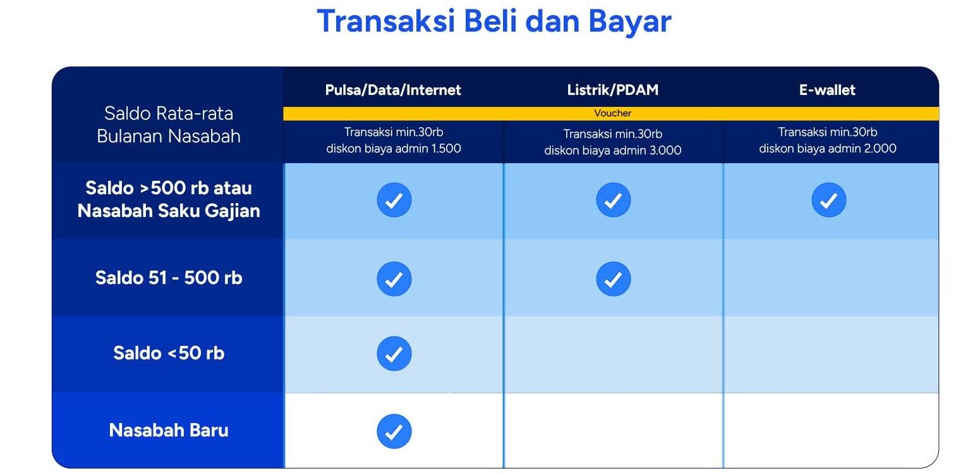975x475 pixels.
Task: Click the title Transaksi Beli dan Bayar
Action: click(494, 22)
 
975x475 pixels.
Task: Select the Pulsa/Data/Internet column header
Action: click(393, 90)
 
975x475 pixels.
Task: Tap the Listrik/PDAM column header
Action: click(612, 90)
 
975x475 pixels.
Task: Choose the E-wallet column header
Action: click(827, 90)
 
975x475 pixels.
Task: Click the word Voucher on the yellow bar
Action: click(612, 113)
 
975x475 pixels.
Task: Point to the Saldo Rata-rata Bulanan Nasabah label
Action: click(169, 125)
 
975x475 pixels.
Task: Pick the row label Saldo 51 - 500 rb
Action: click(169, 278)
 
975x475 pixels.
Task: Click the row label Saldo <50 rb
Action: click(169, 353)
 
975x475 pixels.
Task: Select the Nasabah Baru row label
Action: click(169, 431)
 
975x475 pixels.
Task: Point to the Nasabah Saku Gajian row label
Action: click(169, 211)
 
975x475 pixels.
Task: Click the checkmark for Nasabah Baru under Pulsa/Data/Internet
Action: click(394, 431)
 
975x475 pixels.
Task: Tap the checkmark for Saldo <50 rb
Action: click(394, 354)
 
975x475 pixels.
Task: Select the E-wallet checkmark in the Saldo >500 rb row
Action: click(828, 200)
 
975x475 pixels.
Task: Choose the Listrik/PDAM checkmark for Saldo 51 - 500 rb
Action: click(612, 279)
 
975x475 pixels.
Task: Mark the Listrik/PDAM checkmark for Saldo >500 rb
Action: click(612, 200)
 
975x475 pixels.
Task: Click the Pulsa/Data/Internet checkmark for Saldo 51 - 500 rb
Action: click(394, 279)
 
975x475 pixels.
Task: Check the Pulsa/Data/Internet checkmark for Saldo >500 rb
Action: click(394, 200)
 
